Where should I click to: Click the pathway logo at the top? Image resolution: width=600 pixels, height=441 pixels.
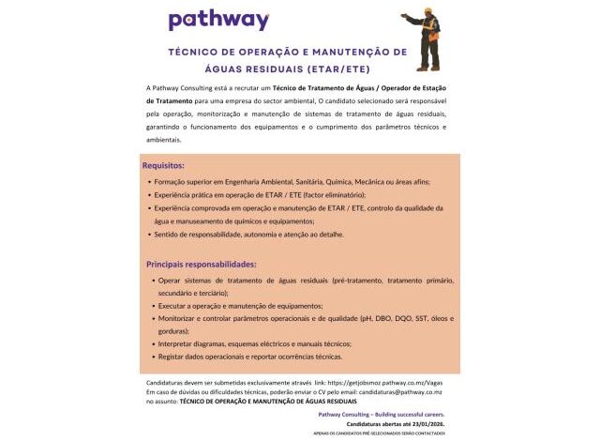[x=218, y=20]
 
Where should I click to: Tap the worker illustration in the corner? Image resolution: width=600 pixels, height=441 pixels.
[x=424, y=38]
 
